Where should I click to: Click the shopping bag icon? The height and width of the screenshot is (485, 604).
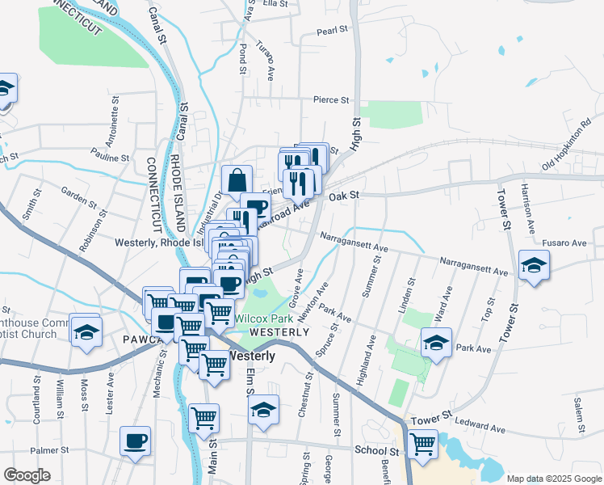[237, 180]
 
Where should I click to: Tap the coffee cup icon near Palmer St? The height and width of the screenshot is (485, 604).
[135, 441]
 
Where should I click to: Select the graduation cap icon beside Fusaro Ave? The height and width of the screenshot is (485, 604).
[533, 265]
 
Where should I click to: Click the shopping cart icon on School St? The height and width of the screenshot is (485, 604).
[422, 443]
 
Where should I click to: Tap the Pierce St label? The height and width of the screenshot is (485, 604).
[331, 101]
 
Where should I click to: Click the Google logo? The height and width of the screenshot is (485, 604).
[27, 475]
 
